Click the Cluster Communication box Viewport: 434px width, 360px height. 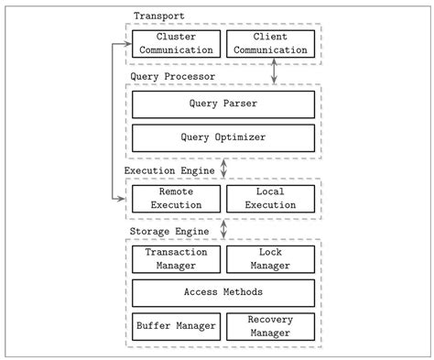coord(177,43)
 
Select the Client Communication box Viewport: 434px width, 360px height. coord(270,43)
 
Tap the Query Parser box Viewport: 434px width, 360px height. coord(223,104)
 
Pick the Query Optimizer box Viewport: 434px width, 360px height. coord(223,137)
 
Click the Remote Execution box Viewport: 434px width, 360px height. coord(177,198)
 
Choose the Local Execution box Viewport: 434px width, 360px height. coord(270,198)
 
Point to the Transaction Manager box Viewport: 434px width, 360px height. coord(177,258)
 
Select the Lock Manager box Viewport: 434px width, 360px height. coord(270,258)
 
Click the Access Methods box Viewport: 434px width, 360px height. coord(223,292)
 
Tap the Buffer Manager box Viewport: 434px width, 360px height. coord(177,325)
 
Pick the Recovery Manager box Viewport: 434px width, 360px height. coord(270,325)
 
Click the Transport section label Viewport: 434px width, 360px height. coord(159,16)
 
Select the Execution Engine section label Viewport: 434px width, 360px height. coord(170,170)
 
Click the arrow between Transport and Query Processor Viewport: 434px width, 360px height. coord(276,71)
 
